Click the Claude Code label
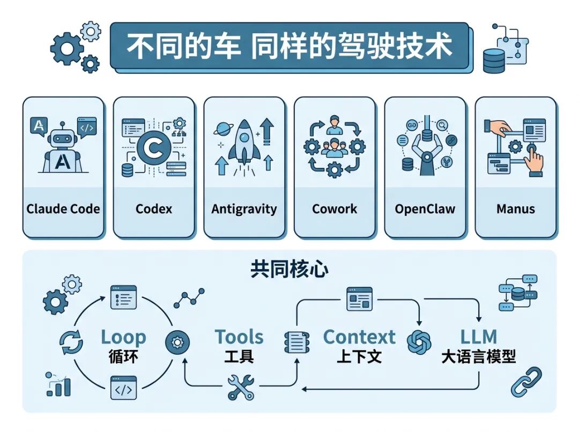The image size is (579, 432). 63,208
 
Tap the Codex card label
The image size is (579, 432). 154,208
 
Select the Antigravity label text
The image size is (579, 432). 244,208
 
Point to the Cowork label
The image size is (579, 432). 335,208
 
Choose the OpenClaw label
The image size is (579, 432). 425,208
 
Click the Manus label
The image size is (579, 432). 515,208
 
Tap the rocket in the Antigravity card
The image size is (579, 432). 244,142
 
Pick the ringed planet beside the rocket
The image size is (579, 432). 222,129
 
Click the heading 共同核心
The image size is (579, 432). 289,270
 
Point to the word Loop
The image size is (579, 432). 123,337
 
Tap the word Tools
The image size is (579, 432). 239,337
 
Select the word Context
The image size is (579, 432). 359,337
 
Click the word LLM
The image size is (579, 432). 478,337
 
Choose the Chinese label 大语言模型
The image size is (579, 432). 478,357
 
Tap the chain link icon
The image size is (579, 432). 526,382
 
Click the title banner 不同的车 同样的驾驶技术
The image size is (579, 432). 289,46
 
